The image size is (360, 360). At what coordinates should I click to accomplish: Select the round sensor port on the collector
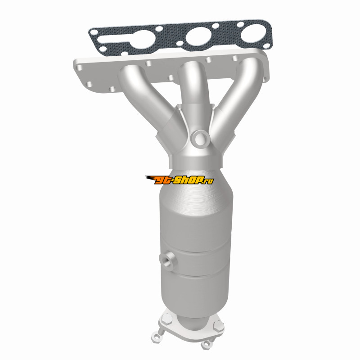point(200,139)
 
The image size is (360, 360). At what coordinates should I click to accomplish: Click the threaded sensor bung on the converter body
point(167,261)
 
